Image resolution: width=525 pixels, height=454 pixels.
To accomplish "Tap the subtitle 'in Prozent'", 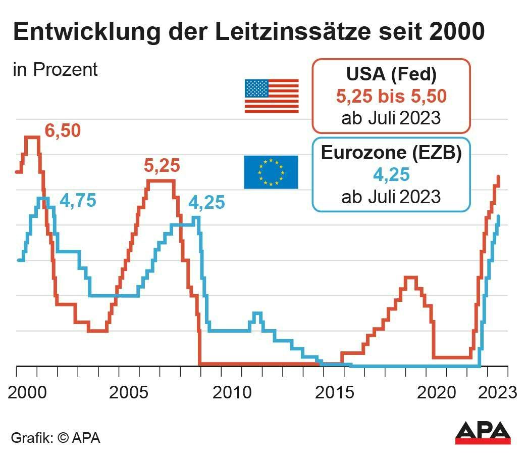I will pyautogui.click(x=55, y=70).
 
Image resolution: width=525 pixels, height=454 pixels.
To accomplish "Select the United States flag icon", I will pyautogui.click(x=271, y=96).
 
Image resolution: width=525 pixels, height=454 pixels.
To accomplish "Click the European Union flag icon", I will pyautogui.click(x=271, y=172).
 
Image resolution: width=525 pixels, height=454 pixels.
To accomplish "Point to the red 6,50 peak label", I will pyautogui.click(x=63, y=130).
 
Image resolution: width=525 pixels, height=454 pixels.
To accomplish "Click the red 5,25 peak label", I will pyautogui.click(x=162, y=165).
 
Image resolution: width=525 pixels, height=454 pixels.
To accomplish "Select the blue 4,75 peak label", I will pyautogui.click(x=78, y=200).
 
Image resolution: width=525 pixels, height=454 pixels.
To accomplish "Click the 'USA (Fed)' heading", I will pyautogui.click(x=391, y=74).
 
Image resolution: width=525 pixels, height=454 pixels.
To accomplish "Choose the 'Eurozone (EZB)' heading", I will pyautogui.click(x=391, y=153).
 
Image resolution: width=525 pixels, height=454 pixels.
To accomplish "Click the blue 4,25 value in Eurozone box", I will pyautogui.click(x=391, y=174).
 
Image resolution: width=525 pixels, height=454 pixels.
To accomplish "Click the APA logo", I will pyautogui.click(x=483, y=433).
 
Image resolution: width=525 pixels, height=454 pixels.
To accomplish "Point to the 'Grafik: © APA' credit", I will pyautogui.click(x=56, y=437).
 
